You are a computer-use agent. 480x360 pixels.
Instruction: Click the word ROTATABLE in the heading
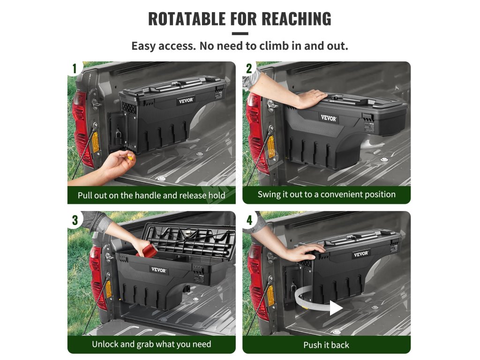[x=187, y=19]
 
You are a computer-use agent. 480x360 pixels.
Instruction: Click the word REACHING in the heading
[x=296, y=19]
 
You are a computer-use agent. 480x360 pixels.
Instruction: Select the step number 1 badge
[x=75, y=68]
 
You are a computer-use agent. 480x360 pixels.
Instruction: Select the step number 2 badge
[x=249, y=68]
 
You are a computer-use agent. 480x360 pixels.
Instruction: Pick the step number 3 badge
[x=75, y=220]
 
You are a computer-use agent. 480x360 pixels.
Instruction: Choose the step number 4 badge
[x=249, y=220]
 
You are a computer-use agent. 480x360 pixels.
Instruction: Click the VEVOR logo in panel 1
[x=186, y=100]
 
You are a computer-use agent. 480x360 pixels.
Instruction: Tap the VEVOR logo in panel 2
[x=329, y=118]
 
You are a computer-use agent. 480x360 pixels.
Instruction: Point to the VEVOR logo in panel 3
[x=158, y=270]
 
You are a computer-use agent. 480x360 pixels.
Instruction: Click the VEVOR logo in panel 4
[x=361, y=254]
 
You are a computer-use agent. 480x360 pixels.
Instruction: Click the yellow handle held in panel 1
[x=130, y=158]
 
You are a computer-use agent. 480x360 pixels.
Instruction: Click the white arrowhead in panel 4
[x=336, y=307]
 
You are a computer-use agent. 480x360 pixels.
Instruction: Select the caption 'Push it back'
[x=326, y=345]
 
